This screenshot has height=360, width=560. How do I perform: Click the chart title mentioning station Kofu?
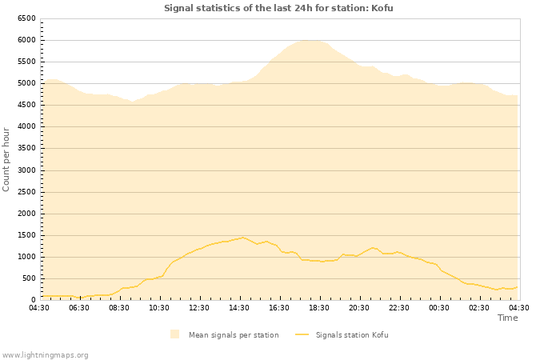point(278,8)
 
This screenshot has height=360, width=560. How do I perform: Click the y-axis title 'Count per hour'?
point(6,158)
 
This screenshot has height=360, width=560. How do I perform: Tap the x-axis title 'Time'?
point(507,318)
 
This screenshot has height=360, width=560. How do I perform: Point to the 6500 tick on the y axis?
point(26,18)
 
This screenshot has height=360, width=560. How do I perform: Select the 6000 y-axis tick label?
point(26,40)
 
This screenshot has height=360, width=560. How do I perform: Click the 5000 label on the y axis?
point(26,83)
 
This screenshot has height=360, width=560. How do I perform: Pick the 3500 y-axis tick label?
point(26,149)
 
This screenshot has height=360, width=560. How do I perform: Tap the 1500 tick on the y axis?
point(26,235)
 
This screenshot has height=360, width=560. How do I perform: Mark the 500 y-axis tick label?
point(28,278)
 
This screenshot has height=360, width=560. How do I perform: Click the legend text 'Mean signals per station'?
point(234,335)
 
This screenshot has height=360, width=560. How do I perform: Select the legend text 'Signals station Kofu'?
point(352,335)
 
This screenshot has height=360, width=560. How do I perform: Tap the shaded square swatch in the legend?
point(175,334)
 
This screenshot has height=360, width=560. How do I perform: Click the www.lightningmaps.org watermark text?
point(45,354)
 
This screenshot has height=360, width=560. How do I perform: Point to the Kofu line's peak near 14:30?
point(243,237)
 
